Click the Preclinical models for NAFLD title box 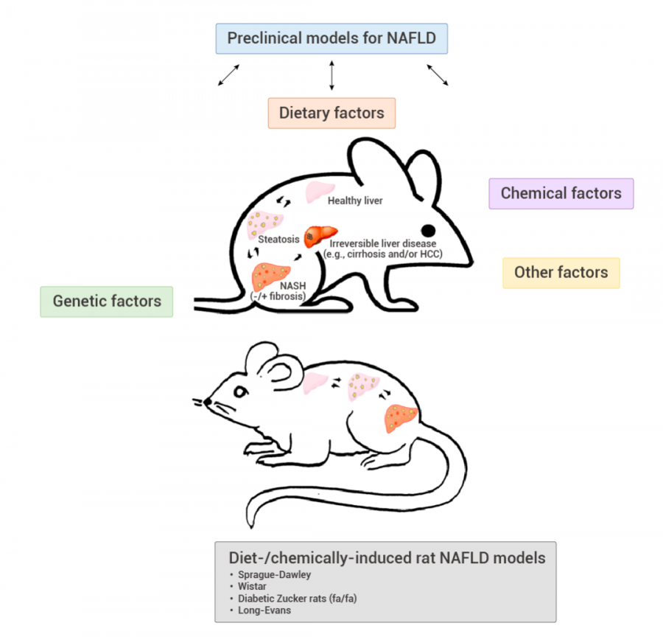pyautogui.click(x=331, y=38)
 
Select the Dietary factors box pyautogui.click(x=331, y=114)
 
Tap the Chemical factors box pyautogui.click(x=561, y=194)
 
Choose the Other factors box pyautogui.click(x=561, y=273)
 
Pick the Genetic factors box pyautogui.click(x=107, y=302)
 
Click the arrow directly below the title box pyautogui.click(x=331, y=76)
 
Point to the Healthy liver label pyautogui.click(x=355, y=201)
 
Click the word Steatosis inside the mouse pyautogui.click(x=278, y=239)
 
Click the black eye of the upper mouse pyautogui.click(x=427, y=231)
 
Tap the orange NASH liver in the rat pyautogui.click(x=401, y=419)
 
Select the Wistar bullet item pyautogui.click(x=253, y=587)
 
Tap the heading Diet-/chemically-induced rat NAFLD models pyautogui.click(x=387, y=558)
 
